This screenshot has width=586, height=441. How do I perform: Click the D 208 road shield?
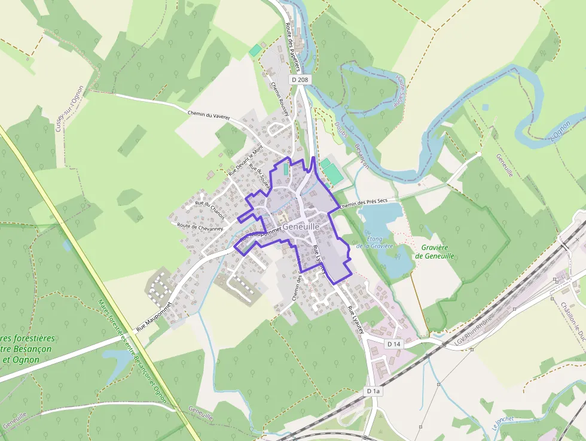tap(301, 80)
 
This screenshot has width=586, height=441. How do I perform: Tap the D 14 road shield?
tap(393, 344)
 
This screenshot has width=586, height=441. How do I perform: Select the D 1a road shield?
tap(373, 391)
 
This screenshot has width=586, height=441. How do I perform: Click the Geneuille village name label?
tap(302, 227)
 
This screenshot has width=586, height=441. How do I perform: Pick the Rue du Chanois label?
tap(209, 203)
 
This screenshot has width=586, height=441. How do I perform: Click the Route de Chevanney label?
tap(200, 227)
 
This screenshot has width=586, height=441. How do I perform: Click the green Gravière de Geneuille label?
tap(434, 251)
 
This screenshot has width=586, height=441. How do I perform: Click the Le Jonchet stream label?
tap(503, 422)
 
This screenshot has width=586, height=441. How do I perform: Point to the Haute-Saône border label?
tap(401, 90)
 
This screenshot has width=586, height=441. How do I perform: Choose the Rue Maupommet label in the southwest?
tap(154, 316)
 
